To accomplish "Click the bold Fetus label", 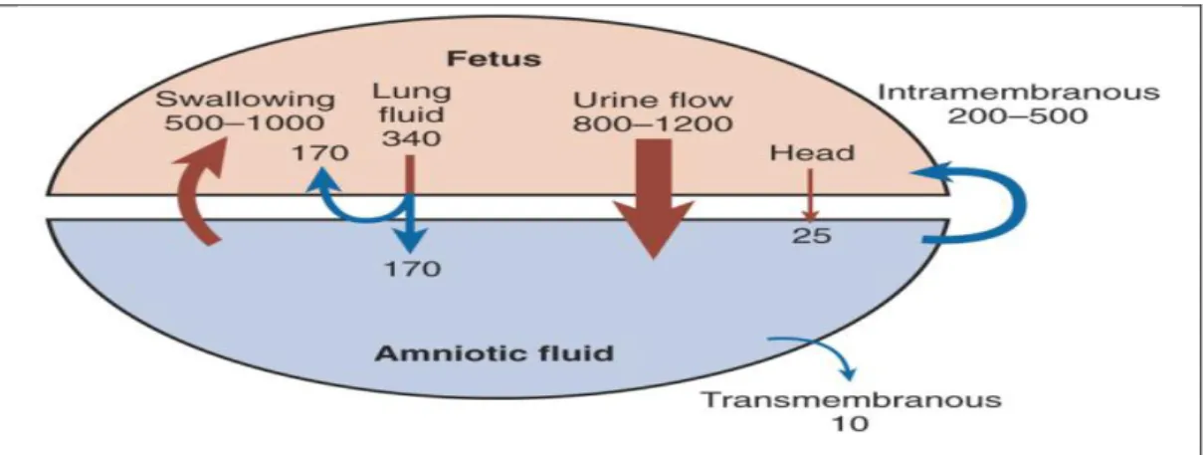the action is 494,59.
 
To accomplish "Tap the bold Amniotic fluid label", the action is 494,353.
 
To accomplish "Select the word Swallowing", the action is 245,101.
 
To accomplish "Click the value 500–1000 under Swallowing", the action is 245,122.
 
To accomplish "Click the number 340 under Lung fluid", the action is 411,138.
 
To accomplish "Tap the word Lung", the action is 412,93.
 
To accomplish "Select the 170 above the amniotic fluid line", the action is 319,153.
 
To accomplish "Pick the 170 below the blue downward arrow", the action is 412,269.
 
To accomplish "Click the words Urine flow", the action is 653,100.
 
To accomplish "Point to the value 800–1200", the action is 653,123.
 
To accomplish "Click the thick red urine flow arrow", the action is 654,199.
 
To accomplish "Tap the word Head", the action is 812,153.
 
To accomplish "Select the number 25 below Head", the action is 812,236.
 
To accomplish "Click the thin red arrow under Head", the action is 810,195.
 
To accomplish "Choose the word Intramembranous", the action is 1018,93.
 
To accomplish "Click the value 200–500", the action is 1018,116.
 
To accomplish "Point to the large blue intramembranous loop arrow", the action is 1019,204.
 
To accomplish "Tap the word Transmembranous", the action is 852,400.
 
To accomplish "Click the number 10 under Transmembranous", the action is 851,424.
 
